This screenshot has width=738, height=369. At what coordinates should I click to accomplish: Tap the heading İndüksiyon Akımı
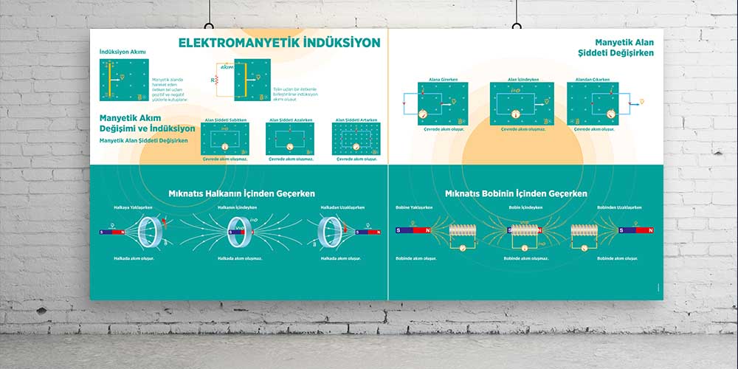pos(123,52)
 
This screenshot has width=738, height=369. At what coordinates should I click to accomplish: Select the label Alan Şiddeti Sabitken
pos(225,120)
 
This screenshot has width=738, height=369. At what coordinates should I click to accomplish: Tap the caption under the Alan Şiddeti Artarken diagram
pos(356,159)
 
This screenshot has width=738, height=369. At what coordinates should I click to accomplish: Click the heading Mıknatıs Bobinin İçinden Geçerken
pos(517,193)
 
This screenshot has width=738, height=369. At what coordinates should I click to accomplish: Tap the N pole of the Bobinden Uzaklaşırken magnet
pos(649,230)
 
